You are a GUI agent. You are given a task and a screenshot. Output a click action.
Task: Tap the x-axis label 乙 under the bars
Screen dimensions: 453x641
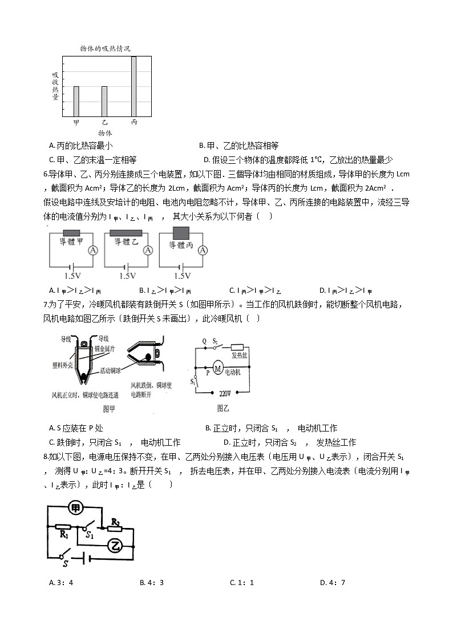104,123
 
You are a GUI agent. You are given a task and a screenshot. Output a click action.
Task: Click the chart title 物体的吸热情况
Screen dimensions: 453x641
105,49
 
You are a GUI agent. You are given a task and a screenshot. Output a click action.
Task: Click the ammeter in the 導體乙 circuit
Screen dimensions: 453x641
148,251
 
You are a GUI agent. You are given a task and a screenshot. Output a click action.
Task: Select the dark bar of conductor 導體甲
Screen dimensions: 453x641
71,232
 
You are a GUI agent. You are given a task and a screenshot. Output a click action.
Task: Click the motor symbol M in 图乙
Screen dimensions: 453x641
217,369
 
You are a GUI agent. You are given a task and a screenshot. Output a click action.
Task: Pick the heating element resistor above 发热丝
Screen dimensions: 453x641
237,346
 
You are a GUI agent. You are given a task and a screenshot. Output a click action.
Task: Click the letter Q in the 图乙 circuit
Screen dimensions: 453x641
204,341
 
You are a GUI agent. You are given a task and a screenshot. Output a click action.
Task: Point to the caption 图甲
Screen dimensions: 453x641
108,408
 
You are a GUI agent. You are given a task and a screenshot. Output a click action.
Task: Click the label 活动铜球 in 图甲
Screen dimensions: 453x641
112,371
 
